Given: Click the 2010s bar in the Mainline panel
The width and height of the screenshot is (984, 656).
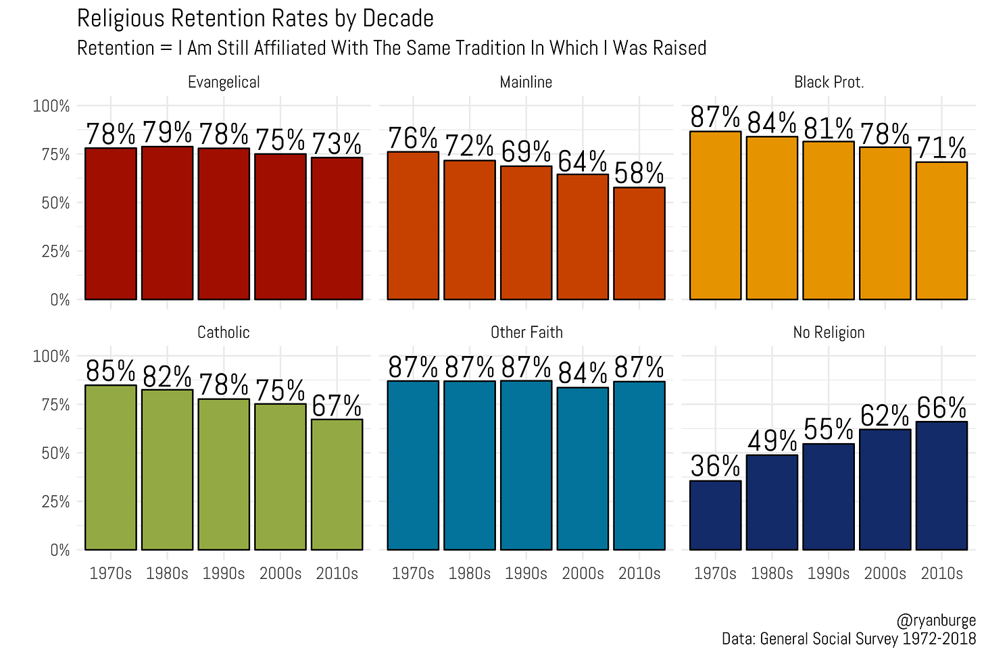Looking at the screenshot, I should (639, 243).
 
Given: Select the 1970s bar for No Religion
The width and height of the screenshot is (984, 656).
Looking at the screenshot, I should (715, 515).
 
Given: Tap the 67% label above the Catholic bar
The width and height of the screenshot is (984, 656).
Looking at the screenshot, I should (337, 405).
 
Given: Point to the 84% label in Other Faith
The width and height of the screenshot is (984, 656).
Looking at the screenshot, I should (583, 373).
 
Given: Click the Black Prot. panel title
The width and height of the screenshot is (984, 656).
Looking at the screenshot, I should (829, 82).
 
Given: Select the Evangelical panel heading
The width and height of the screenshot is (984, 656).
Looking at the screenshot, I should (224, 82).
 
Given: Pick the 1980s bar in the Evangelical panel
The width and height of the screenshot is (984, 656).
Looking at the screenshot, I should (167, 223).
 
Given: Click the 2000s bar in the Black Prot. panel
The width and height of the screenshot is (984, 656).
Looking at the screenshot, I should (885, 223).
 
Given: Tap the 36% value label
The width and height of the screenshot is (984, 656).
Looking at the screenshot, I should (715, 466).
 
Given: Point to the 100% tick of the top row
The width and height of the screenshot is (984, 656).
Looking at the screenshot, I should (51, 106).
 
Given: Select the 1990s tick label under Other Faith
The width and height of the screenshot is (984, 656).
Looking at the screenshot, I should (526, 574).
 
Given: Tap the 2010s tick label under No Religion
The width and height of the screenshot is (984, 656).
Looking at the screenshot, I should (941, 574).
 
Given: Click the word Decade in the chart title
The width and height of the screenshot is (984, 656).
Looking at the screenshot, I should (398, 18).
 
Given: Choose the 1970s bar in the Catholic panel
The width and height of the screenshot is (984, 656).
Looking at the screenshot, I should (111, 468).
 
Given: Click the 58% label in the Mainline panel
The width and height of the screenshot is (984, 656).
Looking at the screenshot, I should (639, 174).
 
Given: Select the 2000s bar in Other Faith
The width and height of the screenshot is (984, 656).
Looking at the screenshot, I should (583, 468).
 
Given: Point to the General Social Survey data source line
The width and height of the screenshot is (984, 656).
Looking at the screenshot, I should (848, 638).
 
